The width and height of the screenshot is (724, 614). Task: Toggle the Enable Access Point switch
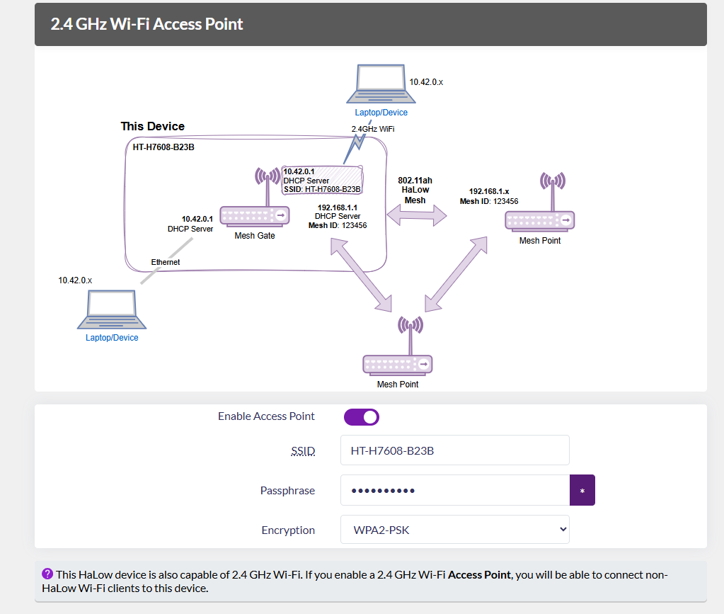tap(362, 417)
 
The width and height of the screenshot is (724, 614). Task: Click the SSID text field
tap(454, 450)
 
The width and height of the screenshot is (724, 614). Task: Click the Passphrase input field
tap(454, 490)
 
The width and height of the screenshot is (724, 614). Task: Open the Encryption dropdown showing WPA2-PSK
tap(454, 530)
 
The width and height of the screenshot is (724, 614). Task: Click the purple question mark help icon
tap(47, 574)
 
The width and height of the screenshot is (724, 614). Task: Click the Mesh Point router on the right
tap(539, 212)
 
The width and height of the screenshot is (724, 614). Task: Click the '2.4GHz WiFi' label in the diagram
tap(373, 129)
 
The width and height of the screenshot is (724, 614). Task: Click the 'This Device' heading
tap(152, 126)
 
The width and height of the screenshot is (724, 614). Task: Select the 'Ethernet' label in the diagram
tap(166, 262)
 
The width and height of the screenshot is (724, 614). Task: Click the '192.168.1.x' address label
tap(489, 191)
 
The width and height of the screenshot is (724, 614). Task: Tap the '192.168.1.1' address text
tap(337, 207)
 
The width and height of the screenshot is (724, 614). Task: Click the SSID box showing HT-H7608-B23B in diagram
tap(322, 181)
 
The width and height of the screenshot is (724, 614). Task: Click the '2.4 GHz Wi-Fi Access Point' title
tap(146, 24)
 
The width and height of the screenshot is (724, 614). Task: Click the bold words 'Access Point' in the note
tap(479, 574)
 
